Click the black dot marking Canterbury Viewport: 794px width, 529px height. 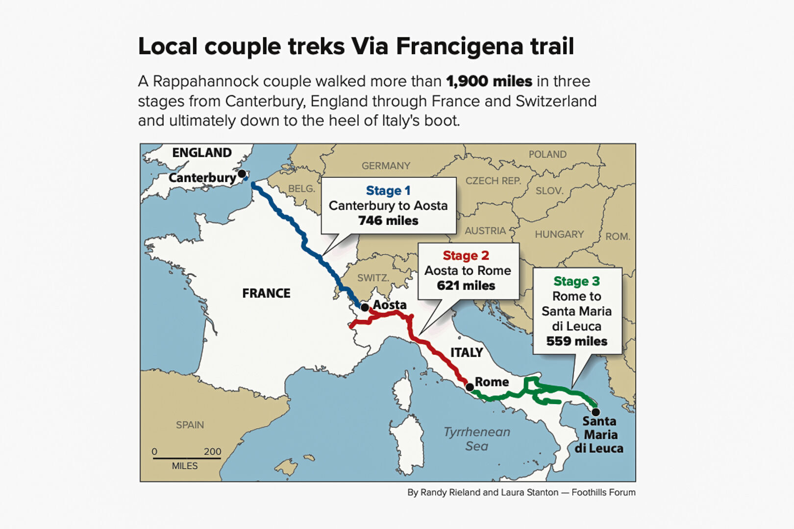[242, 174]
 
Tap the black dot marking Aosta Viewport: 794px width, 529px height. [365, 308]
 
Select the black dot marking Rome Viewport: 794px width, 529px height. [470, 387]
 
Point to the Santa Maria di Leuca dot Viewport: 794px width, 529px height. [595, 412]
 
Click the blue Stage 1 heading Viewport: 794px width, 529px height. [388, 191]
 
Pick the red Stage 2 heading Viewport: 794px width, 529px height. [466, 256]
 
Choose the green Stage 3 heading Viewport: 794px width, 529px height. [576, 281]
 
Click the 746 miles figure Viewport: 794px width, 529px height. [388, 221]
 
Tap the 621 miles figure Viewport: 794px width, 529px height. [466, 286]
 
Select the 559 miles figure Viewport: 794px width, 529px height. [577, 341]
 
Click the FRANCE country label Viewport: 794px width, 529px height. [266, 293]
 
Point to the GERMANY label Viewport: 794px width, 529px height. [386, 166]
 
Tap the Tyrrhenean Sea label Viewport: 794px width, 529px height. [477, 439]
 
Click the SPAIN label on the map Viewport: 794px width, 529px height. [190, 425]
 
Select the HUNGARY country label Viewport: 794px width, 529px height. [559, 235]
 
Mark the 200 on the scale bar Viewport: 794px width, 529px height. [212, 452]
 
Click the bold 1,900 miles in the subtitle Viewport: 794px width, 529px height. [489, 81]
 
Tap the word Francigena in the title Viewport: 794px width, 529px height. [453, 47]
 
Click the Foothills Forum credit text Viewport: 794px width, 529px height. [603, 493]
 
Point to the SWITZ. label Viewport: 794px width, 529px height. [373, 278]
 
